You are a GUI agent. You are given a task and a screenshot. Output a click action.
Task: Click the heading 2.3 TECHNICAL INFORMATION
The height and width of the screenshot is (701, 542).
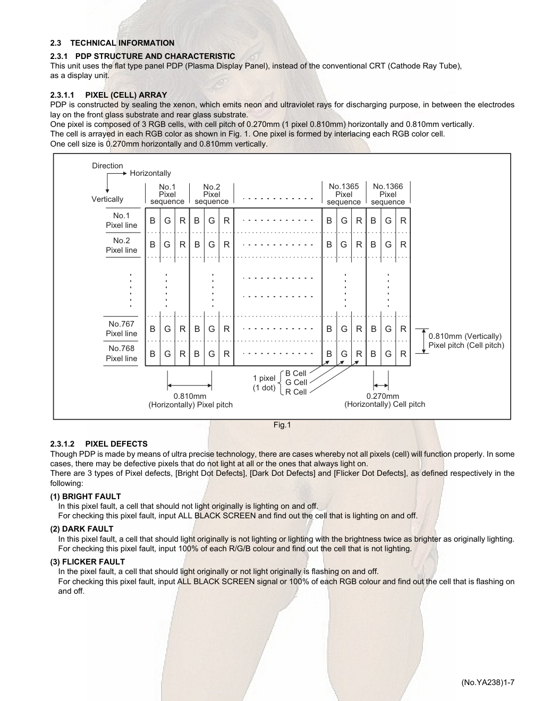[112, 43]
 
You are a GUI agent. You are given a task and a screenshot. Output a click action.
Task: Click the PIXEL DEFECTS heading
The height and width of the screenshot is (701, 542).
[116, 444]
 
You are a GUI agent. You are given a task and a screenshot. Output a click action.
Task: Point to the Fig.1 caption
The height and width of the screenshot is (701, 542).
[282, 425]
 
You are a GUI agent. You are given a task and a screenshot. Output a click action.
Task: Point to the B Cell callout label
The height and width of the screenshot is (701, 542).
[296, 373]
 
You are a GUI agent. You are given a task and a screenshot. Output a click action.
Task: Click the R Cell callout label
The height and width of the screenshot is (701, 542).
[296, 392]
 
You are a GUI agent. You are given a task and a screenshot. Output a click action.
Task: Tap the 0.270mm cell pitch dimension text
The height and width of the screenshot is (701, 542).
[383, 396]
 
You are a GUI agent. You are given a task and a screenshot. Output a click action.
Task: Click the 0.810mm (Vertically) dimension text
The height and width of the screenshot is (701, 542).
[465, 336]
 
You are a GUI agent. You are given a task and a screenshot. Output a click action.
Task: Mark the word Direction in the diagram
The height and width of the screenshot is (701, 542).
[107, 166]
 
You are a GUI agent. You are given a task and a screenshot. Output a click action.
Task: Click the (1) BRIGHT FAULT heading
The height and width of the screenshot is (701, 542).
[86, 497]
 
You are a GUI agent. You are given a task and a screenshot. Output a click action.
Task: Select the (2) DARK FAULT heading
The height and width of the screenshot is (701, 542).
[82, 529]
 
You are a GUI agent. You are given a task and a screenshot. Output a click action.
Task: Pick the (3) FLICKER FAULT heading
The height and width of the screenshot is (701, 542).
[88, 562]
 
